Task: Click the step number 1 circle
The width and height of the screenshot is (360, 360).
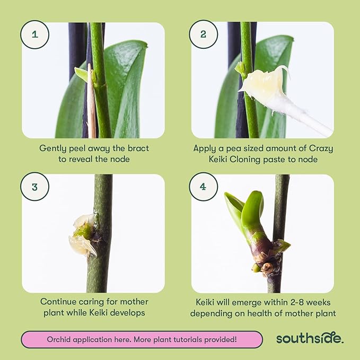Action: click(x=35, y=35)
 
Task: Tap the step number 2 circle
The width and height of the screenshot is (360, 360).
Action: click(x=204, y=35)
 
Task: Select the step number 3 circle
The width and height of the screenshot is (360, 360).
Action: click(x=35, y=187)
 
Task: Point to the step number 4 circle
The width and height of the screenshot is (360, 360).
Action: click(x=204, y=187)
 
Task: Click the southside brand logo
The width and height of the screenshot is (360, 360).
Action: click(x=310, y=339)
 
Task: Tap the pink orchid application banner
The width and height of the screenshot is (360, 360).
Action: click(x=142, y=339)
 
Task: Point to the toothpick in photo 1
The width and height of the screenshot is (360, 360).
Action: click(x=92, y=106)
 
